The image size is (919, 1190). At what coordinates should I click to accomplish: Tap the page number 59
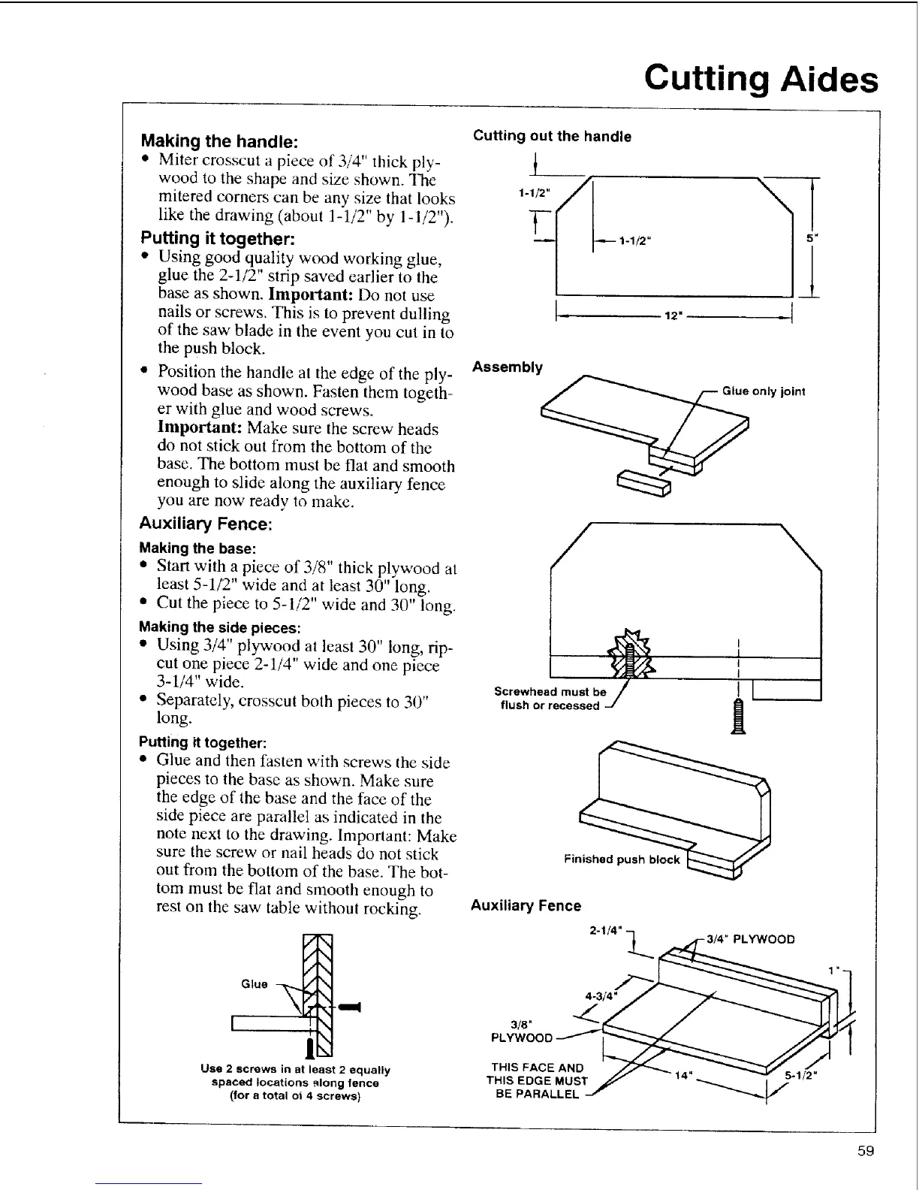[x=866, y=1152]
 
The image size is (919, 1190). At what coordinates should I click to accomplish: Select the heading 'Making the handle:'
[x=221, y=141]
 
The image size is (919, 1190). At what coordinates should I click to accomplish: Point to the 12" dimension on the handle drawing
[x=673, y=316]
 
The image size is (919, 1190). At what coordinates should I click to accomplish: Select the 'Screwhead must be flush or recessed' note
[x=550, y=698]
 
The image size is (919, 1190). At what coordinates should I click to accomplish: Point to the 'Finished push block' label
[x=622, y=859]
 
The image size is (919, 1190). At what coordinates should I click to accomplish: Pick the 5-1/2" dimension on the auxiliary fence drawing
[x=800, y=1075]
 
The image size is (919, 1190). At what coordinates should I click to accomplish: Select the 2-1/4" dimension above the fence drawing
[x=605, y=932]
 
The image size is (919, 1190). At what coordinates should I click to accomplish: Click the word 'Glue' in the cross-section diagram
[x=255, y=984]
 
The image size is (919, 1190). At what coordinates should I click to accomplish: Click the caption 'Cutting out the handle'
[x=552, y=136]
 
